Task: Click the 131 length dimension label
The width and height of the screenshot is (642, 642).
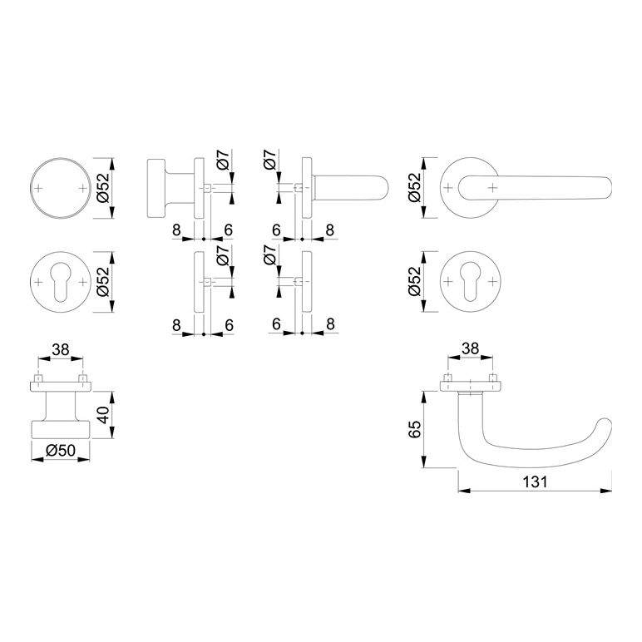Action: (x=535, y=481)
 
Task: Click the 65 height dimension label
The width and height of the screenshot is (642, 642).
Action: (x=414, y=429)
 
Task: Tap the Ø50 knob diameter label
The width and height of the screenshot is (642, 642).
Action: (x=61, y=451)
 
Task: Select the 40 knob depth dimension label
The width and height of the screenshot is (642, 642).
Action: (x=102, y=415)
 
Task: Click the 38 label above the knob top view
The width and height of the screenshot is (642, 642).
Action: (x=61, y=349)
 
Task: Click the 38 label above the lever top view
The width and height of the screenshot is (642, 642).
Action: (x=470, y=348)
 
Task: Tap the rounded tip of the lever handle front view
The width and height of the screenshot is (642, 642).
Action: (x=607, y=188)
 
